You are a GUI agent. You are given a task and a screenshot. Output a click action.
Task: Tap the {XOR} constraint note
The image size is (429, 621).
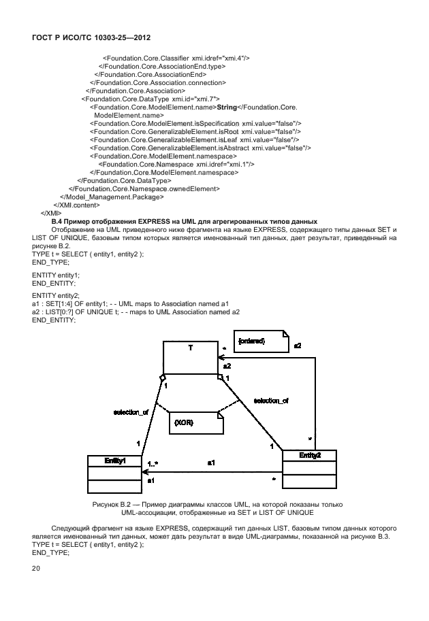tap(195, 422)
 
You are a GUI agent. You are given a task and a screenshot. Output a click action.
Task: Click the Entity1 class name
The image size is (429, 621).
tap(114, 460)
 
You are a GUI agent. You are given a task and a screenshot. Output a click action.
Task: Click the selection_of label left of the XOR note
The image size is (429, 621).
tap(131, 412)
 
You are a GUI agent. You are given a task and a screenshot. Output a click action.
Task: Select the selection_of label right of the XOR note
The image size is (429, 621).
tap(270, 401)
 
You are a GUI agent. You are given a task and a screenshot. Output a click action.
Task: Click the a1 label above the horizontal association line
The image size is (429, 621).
tap(212, 463)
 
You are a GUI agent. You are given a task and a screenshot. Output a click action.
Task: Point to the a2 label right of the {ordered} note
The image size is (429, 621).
tap(298, 346)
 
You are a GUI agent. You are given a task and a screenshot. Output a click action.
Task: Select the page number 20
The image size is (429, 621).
tap(37, 567)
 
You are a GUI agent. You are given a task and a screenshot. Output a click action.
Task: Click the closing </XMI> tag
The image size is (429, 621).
tap(52, 213)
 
